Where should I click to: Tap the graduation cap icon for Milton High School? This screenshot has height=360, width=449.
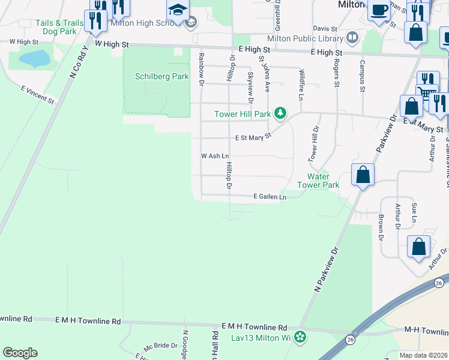[x=178, y=11]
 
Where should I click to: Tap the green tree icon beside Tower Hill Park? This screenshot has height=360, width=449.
[x=280, y=112]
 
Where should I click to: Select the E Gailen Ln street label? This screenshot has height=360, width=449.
[x=270, y=196]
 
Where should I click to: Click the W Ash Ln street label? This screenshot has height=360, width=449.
[x=215, y=156]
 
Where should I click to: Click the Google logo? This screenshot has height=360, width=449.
[x=20, y=353]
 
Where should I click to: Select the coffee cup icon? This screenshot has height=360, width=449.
[x=379, y=10]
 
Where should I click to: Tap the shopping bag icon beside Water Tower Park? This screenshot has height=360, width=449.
[x=363, y=175]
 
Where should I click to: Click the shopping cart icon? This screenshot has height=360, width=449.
[x=426, y=94]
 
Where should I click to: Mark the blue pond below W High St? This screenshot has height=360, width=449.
[x=34, y=58]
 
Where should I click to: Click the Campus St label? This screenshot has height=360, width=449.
[x=362, y=76]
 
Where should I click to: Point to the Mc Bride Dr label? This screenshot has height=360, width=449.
[x=160, y=346]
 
